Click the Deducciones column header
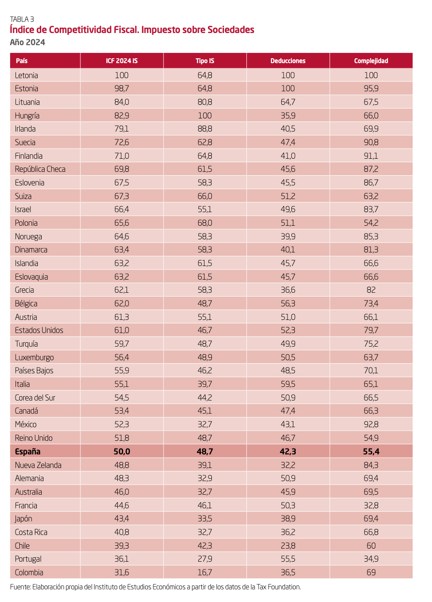(x=288, y=61)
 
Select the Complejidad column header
(x=371, y=61)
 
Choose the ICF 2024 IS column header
(x=122, y=61)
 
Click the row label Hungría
(x=27, y=116)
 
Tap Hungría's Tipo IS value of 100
(x=205, y=116)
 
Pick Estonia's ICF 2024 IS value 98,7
(x=122, y=89)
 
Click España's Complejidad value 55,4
(x=371, y=451)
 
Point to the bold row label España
(x=28, y=451)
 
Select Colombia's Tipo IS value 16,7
(x=205, y=572)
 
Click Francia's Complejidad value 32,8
(x=371, y=505)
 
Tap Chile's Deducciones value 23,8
(x=288, y=546)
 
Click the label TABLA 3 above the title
(x=22, y=19)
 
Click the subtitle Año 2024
(x=28, y=42)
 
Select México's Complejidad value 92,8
(x=371, y=424)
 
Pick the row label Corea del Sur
(x=35, y=398)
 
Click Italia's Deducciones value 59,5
(x=288, y=384)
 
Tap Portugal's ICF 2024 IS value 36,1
(x=122, y=559)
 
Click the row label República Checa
(x=40, y=169)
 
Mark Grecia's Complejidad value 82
(x=371, y=290)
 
